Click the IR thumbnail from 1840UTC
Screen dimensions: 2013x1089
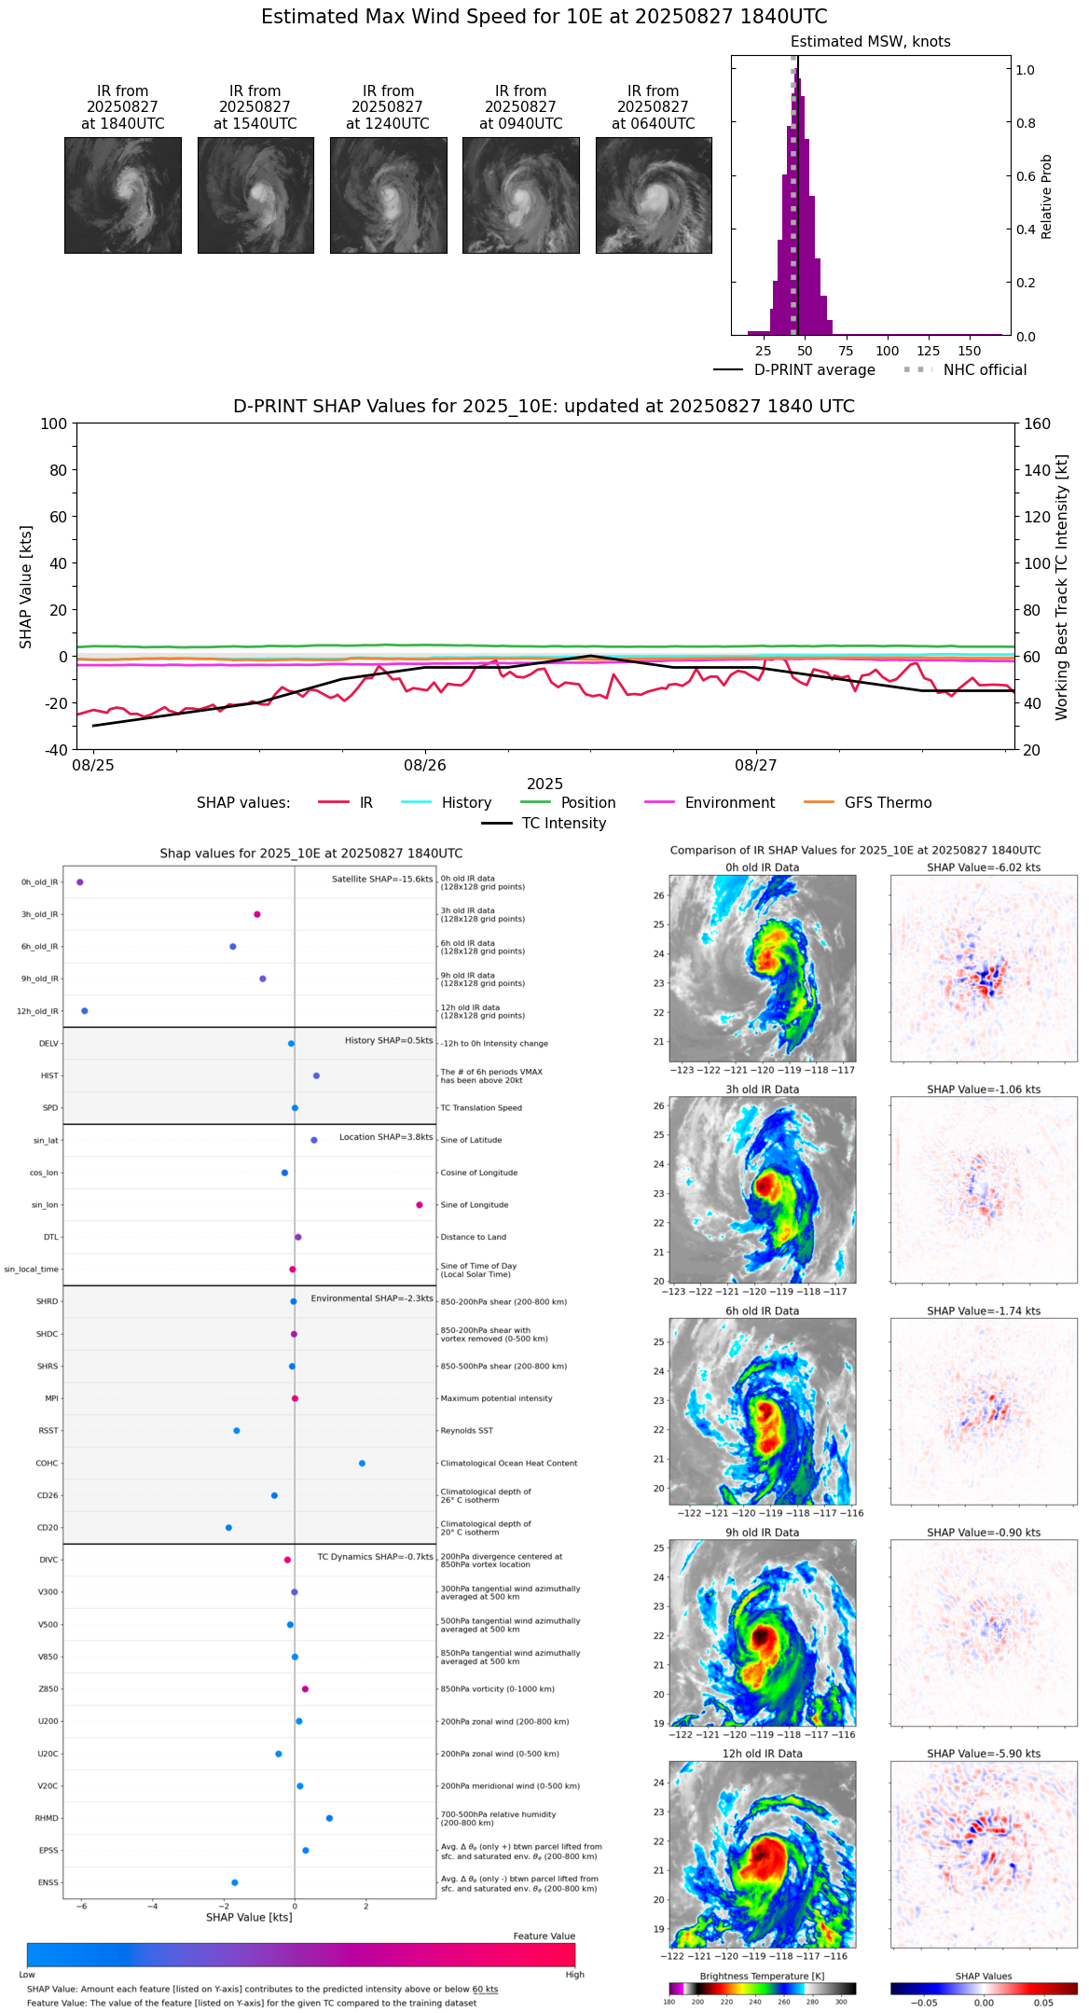pos(122,195)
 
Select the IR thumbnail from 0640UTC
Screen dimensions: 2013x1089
pos(654,195)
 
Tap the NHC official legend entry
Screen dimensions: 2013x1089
pos(985,370)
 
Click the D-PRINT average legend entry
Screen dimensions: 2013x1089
pos(814,370)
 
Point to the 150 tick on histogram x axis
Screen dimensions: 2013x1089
pos(970,352)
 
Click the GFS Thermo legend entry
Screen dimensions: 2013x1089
pos(888,803)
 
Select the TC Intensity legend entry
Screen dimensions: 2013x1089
pos(563,824)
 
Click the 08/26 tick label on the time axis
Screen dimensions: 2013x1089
pos(425,766)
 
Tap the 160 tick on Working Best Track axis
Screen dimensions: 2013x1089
pos(1037,423)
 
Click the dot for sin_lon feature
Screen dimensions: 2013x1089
pos(420,1205)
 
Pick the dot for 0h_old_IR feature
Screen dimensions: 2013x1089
pos(80,882)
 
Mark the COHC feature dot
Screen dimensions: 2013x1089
pos(362,1464)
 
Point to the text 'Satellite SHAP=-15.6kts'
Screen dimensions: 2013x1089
pos(382,880)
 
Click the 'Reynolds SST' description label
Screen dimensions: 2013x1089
pos(466,1431)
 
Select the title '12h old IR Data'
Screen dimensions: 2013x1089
pos(762,1755)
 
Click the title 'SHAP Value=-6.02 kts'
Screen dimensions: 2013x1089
pos(984,868)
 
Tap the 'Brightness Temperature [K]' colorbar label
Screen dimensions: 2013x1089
pos(762,1977)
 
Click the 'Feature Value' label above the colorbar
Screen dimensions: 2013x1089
pos(544,1937)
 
